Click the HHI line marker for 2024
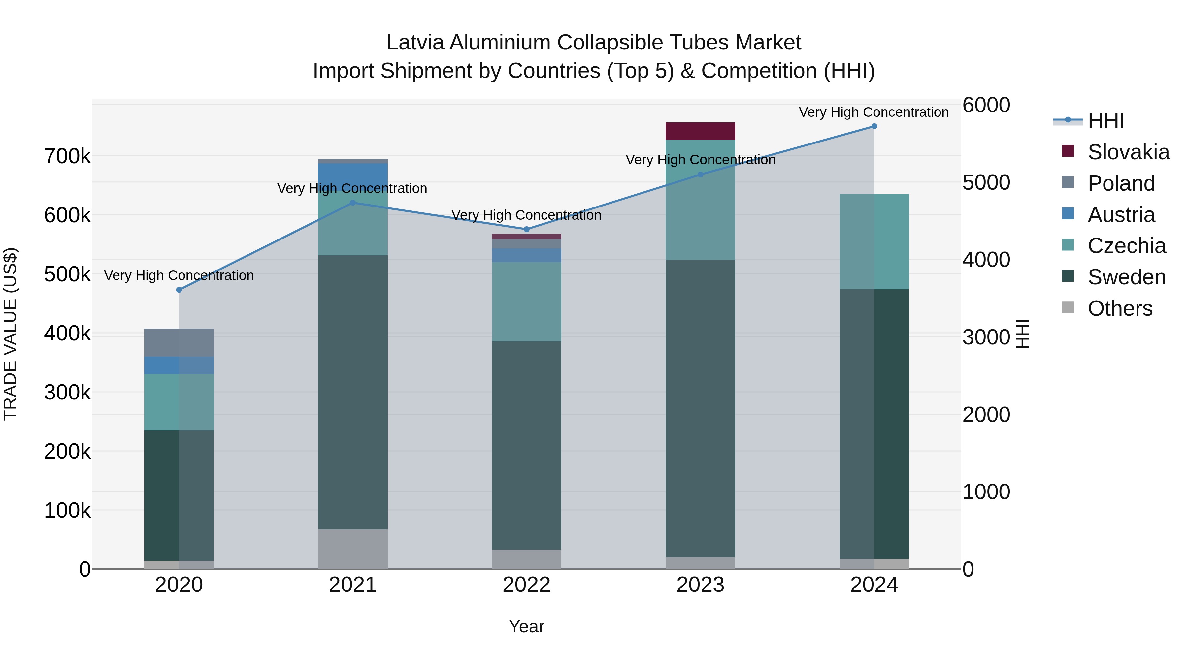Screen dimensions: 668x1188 874,126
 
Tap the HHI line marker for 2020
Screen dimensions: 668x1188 179,290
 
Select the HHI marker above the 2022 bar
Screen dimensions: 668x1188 527,229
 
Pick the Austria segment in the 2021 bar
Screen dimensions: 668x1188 353,176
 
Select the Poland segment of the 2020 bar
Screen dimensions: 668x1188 179,342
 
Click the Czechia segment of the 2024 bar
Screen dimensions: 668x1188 874,241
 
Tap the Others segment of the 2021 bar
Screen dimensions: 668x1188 353,549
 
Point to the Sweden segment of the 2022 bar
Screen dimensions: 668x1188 527,445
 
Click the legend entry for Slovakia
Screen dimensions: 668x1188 1128,152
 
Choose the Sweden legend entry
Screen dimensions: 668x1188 1126,277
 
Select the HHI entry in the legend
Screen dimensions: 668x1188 1105,121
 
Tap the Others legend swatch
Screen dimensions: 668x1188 1068,307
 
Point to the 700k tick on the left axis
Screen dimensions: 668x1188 67,157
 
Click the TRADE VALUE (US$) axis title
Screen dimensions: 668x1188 10,334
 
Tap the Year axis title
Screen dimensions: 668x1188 526,626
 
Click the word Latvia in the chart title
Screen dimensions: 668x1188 415,43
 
